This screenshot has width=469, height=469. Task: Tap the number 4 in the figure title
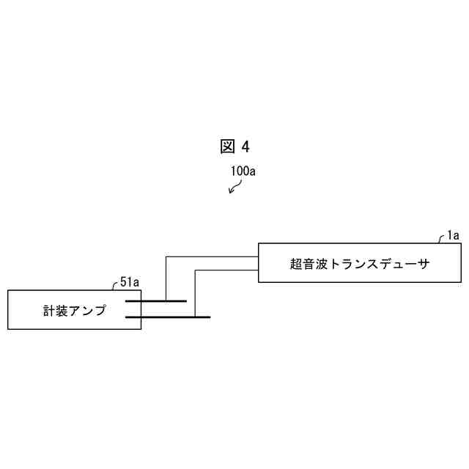[x=245, y=147]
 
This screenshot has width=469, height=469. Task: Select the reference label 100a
[x=243, y=171]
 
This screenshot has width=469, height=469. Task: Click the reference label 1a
[x=453, y=236]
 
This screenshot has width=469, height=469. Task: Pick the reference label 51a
[x=129, y=282]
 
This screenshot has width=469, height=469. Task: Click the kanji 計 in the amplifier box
[x=49, y=310]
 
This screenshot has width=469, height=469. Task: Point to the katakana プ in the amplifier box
[x=100, y=310]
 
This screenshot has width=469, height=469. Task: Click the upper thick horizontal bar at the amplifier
[x=155, y=301]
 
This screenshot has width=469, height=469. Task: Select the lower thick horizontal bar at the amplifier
[x=168, y=317]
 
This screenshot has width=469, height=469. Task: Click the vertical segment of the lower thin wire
[x=195, y=293]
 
